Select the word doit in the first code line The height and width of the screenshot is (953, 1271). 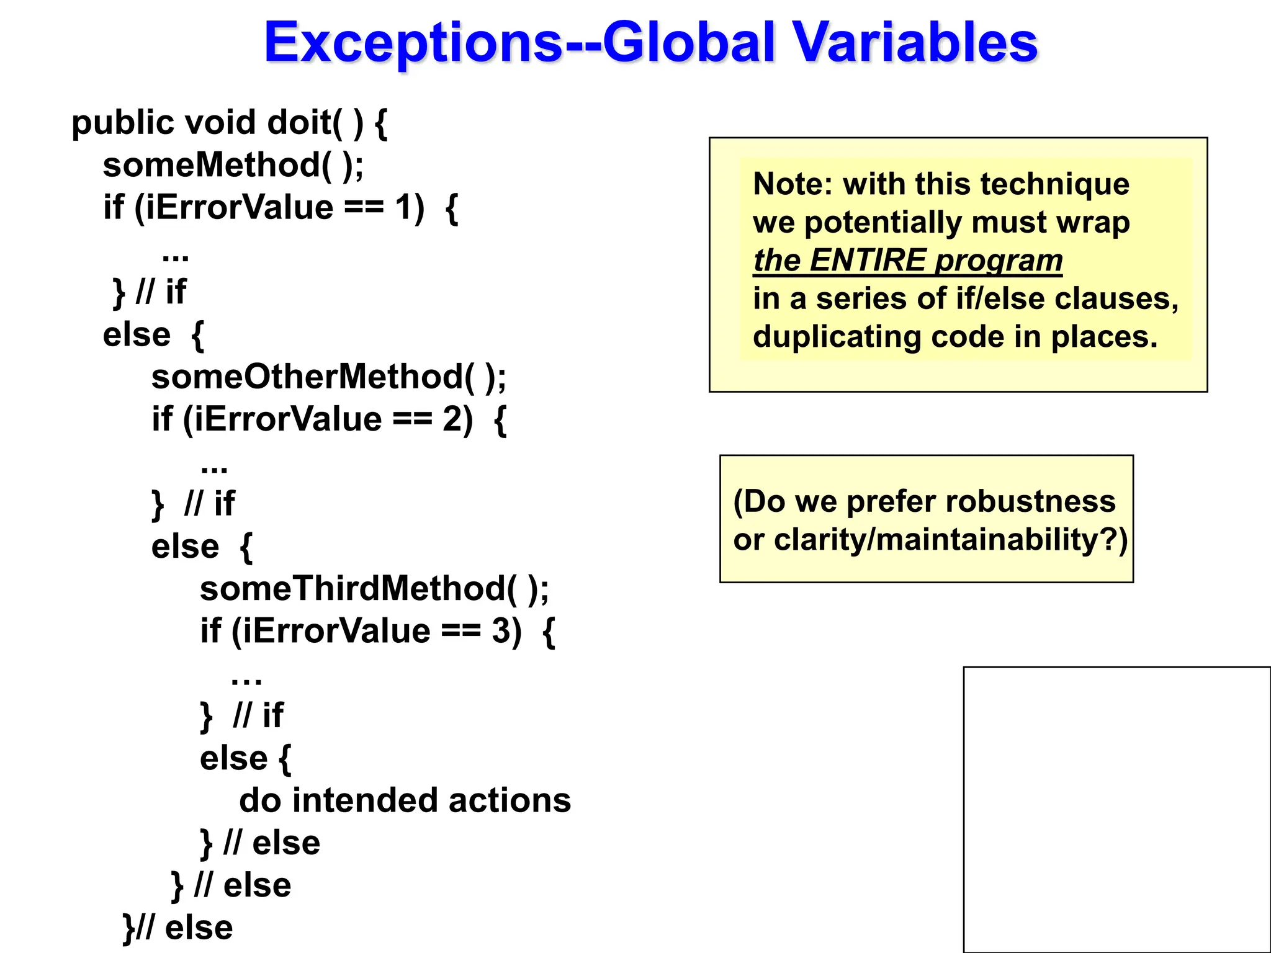[299, 122]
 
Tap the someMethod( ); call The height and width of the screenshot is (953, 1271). [233, 165]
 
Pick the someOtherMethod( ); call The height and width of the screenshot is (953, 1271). [328, 377]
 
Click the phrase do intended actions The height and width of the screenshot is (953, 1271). [405, 800]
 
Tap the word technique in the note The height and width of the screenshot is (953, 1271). [1054, 184]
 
